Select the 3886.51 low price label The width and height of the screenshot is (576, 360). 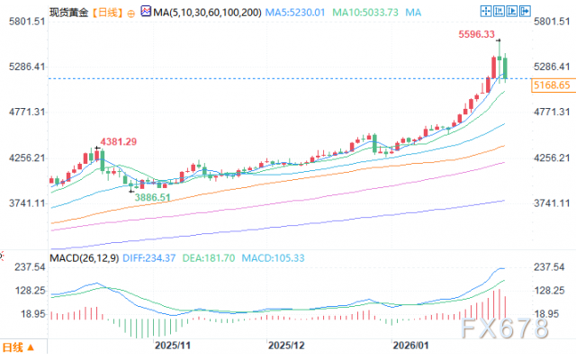151,196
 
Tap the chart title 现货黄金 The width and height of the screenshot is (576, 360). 29,13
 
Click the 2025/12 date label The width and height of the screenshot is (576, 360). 287,345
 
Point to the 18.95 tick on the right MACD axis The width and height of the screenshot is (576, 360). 551,312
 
